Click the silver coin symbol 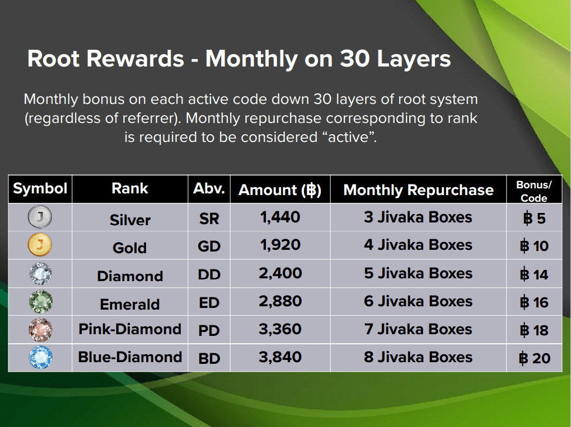pyautogui.click(x=40, y=217)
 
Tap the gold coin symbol pyautogui.click(x=40, y=245)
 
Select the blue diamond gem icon pyautogui.click(x=40, y=357)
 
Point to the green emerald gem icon pyautogui.click(x=40, y=301)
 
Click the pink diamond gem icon pyautogui.click(x=40, y=330)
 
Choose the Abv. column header pyautogui.click(x=209, y=188)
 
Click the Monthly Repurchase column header pyautogui.click(x=418, y=190)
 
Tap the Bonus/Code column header pyautogui.click(x=534, y=191)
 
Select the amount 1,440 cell pyautogui.click(x=280, y=217)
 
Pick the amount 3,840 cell pyautogui.click(x=280, y=357)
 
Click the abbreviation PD pyautogui.click(x=209, y=331)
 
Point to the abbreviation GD pyautogui.click(x=209, y=246)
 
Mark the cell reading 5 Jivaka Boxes pyautogui.click(x=418, y=273)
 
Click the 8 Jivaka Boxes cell pyautogui.click(x=418, y=357)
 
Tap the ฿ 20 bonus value pyautogui.click(x=534, y=359)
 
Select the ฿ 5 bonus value pyautogui.click(x=534, y=219)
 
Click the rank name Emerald pyautogui.click(x=130, y=305)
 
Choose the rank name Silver pyautogui.click(x=130, y=220)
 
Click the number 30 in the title pyautogui.click(x=355, y=59)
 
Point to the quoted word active pyautogui.click(x=349, y=137)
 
